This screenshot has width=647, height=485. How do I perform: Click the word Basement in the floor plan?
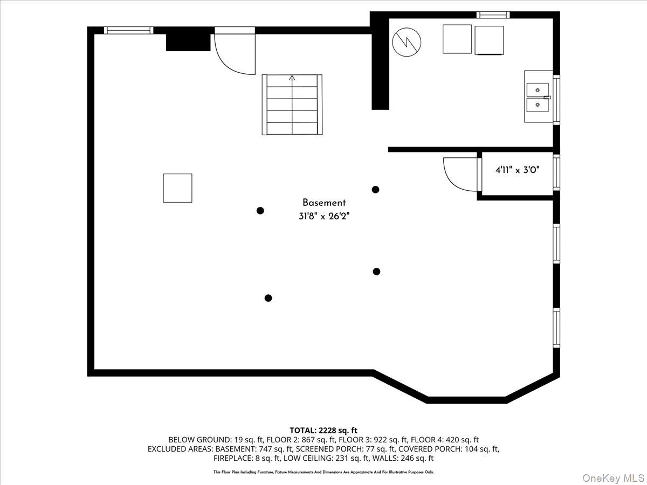click(x=324, y=203)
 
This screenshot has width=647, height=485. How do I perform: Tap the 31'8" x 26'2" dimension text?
click(x=324, y=217)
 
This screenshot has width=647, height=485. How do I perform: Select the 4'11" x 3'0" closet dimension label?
click(x=517, y=170)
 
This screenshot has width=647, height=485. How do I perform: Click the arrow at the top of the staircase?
click(x=292, y=78)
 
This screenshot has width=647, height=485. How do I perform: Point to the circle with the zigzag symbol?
click(x=407, y=42)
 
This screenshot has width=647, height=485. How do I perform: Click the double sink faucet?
click(x=547, y=98)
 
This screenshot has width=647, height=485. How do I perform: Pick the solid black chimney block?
click(x=188, y=42)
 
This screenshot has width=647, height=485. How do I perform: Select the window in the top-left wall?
click(x=128, y=30)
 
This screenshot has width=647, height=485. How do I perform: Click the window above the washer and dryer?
click(x=493, y=15)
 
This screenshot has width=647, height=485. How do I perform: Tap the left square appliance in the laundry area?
click(x=457, y=39)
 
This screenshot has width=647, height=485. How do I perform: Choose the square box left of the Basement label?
click(x=178, y=188)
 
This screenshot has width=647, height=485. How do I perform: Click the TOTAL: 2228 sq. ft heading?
click(x=323, y=431)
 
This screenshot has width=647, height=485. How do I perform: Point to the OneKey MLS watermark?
click(x=613, y=477)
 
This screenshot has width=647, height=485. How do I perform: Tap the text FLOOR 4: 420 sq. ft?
click(x=445, y=440)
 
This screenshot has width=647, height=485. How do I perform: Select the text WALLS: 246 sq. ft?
click(x=403, y=458)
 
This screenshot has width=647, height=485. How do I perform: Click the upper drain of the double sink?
click(x=538, y=90)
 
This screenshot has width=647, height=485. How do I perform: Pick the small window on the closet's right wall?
click(x=556, y=172)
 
